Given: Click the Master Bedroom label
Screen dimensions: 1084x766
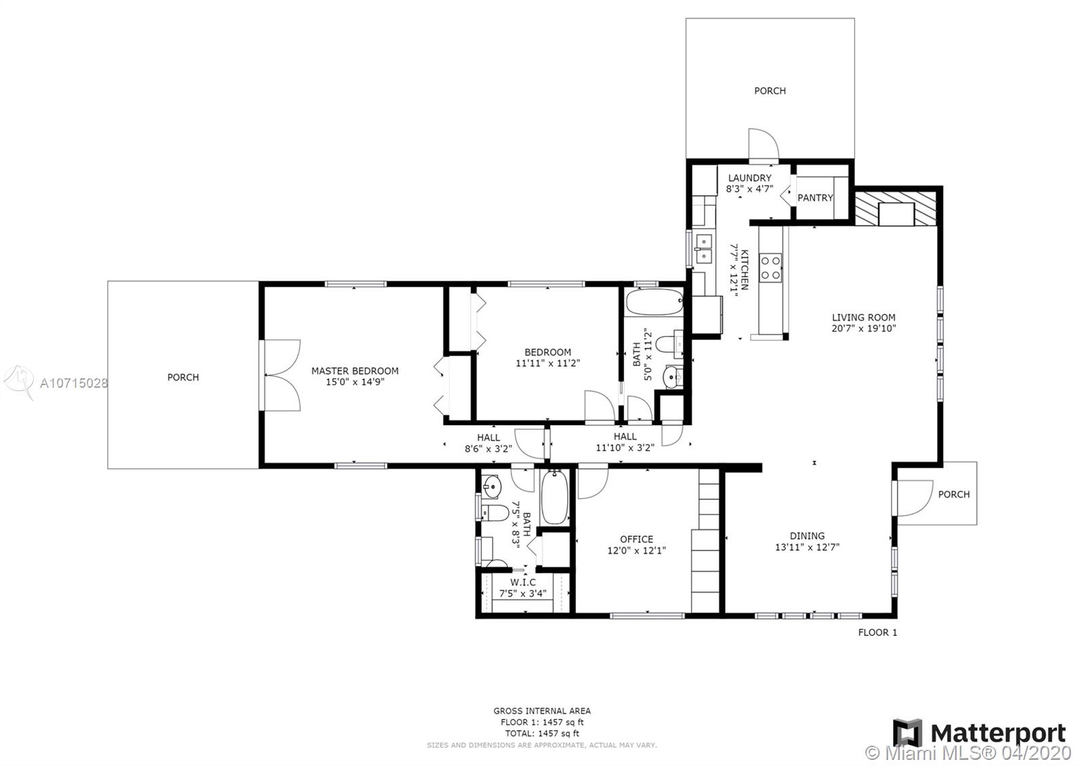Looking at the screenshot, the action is (x=355, y=371).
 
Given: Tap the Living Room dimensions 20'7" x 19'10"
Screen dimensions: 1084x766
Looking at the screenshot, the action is (x=864, y=328).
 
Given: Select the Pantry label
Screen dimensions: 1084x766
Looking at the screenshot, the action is (x=815, y=197).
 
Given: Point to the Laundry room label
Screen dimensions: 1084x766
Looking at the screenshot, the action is (x=749, y=178).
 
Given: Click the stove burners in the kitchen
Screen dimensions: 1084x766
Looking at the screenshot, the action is (x=770, y=268).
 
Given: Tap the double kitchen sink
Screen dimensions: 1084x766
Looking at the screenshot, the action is (x=704, y=248).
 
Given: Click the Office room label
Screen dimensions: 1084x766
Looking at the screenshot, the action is (x=636, y=539).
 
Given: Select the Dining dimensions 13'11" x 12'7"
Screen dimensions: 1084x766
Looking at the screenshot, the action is (x=807, y=547).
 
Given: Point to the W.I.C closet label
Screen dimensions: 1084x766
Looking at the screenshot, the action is (x=522, y=582).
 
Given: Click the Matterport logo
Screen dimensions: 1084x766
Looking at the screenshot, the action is (x=979, y=733).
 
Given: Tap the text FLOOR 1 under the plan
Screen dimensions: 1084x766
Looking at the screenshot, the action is (x=877, y=632).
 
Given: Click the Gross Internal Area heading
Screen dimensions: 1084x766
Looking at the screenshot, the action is (x=542, y=711).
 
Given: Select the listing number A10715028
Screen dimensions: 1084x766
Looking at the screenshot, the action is (x=74, y=384).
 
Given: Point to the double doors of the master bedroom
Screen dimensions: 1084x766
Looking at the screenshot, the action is (x=282, y=376).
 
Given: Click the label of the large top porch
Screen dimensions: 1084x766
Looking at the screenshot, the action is (x=770, y=91).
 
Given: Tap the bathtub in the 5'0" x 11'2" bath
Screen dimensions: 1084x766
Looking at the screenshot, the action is (x=654, y=302).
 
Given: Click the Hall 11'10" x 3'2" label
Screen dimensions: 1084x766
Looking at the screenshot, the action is (x=625, y=442).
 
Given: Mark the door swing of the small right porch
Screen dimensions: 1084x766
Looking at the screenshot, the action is (x=915, y=498).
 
